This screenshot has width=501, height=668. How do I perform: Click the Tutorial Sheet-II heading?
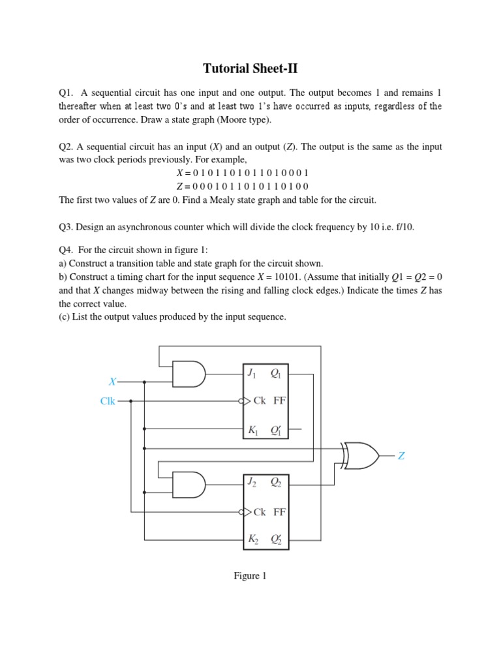(x=250, y=68)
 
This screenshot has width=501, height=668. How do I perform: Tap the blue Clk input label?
(x=108, y=401)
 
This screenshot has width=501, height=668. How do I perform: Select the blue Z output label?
(x=401, y=457)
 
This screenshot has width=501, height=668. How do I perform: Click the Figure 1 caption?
(x=250, y=576)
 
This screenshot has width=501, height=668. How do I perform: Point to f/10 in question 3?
(x=402, y=227)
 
